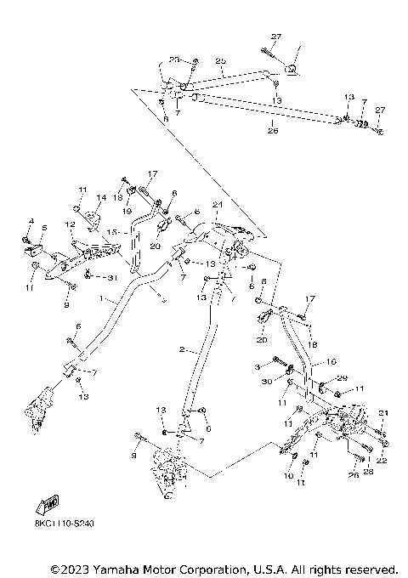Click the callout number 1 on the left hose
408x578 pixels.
(x=101, y=299)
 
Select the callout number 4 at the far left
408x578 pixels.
(x=30, y=222)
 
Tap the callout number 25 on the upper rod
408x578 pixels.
(x=221, y=61)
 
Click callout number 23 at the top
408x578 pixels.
(x=173, y=59)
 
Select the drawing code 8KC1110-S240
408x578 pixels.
(x=65, y=524)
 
